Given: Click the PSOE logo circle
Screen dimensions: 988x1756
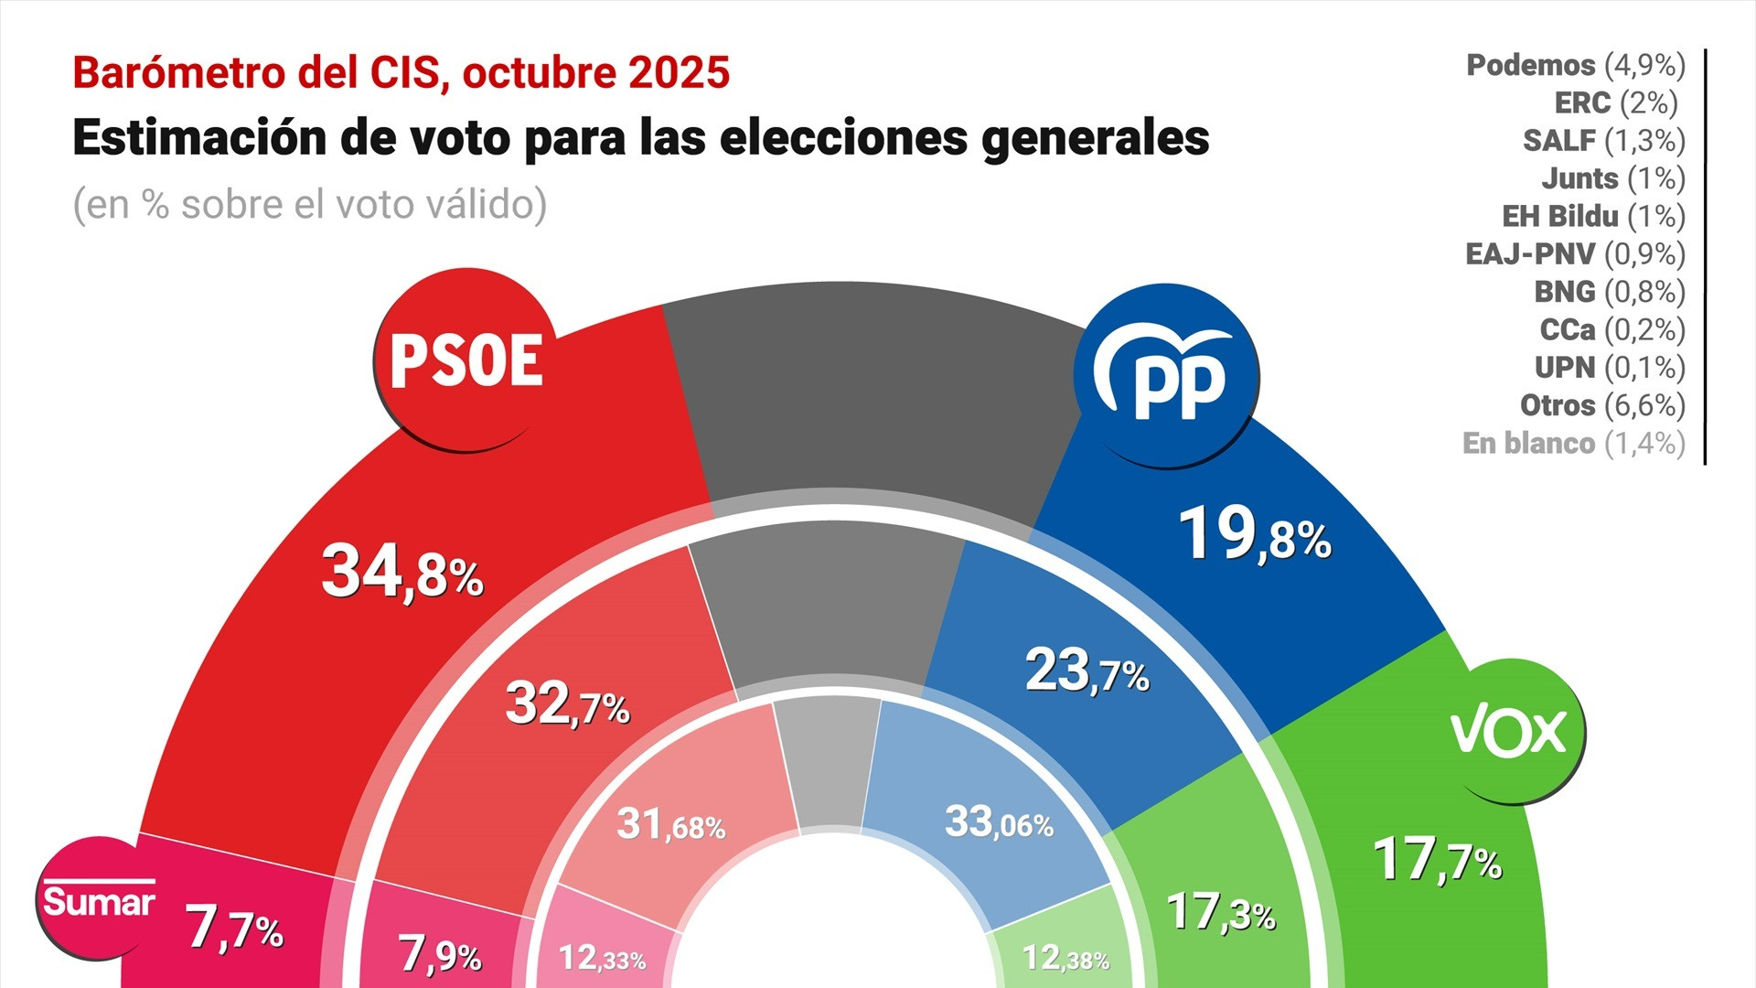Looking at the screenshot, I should point(466,360).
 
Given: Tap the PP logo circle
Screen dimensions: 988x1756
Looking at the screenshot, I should point(1166,376).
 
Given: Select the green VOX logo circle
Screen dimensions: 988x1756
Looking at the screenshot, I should point(1508,731).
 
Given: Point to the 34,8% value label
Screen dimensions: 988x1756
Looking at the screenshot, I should point(402,572).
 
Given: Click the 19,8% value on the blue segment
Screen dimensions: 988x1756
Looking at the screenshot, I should point(1254,534).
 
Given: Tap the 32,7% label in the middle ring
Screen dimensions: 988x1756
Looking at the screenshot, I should point(567,704).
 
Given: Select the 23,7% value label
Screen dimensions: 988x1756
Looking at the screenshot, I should point(1087,671).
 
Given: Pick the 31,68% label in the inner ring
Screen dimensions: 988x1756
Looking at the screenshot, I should point(670,824).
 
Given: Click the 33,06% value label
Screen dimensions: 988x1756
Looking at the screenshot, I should point(999,822).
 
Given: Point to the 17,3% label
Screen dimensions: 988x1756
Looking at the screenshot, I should point(1221,911).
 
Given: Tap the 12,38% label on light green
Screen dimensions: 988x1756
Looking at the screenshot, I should point(1065,958).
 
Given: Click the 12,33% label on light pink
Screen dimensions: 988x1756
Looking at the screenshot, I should point(602,958).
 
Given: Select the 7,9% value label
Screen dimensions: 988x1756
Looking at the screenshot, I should point(440,954).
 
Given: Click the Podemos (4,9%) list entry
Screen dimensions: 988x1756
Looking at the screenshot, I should point(1575,65).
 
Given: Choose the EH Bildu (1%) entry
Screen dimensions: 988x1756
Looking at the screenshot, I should point(1593,216).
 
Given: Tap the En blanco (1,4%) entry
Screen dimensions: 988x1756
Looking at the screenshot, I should point(1573,443).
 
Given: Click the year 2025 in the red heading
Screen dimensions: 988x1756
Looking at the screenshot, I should point(679,73).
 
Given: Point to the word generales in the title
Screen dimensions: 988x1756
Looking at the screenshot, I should point(1096,138).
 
